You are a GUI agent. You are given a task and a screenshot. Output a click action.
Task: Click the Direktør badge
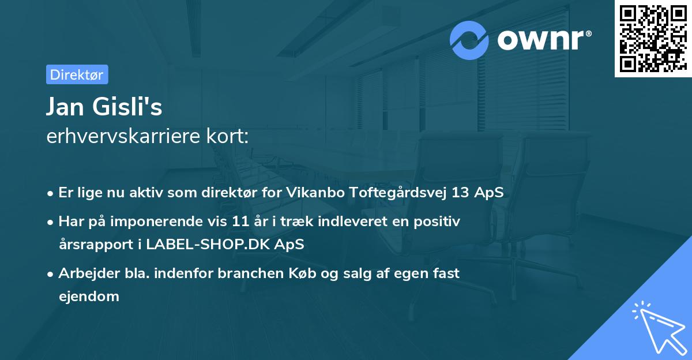coord(77,74)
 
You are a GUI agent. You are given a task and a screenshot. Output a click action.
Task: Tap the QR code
coord(652,39)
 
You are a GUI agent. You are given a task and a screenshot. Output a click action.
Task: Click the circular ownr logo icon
coord(469,40)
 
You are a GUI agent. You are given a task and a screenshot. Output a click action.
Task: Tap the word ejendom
coord(89,297)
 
